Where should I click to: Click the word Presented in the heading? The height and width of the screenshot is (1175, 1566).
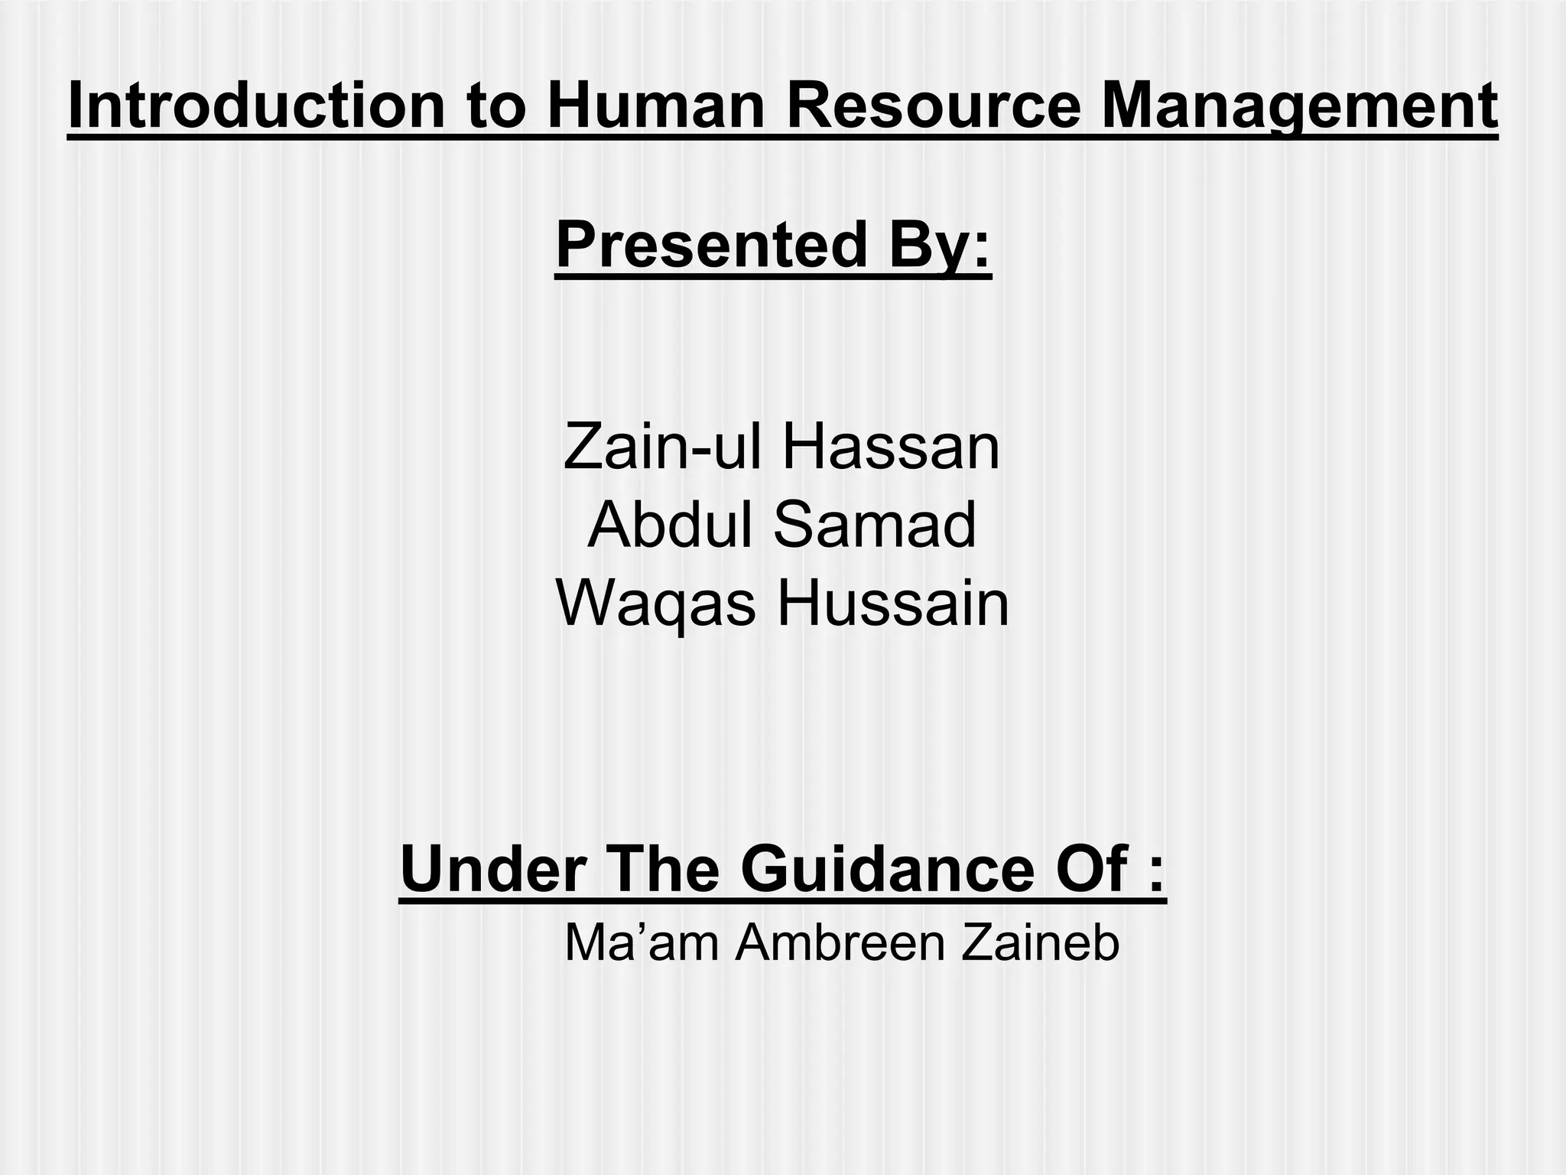711,245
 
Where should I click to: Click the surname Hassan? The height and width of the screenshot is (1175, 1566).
891,448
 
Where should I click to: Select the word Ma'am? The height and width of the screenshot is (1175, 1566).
641,943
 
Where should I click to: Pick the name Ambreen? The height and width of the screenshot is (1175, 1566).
840,943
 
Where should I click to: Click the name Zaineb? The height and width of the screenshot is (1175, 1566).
1040,943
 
